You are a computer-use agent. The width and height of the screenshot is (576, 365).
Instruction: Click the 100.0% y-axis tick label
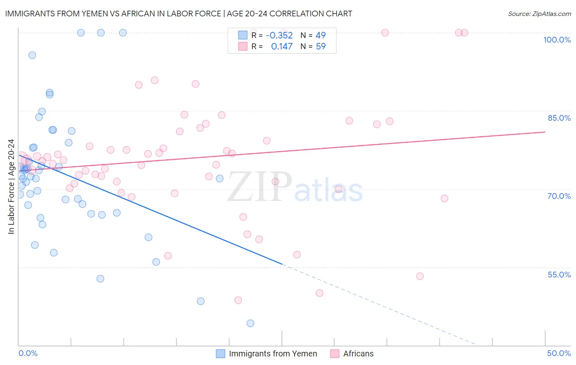[557, 40]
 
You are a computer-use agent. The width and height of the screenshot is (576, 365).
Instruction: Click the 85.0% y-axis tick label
[559, 118]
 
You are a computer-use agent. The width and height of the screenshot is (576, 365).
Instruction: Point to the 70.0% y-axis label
[559, 196]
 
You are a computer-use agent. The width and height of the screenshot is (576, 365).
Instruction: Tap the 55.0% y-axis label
[559, 275]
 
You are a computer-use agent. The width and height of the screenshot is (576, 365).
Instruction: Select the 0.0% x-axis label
[28, 353]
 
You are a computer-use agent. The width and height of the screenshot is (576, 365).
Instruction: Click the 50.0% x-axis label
[559, 353]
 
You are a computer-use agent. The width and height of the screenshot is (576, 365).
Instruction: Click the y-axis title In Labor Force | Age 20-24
[11, 187]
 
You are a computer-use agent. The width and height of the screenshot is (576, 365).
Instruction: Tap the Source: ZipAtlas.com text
[539, 14]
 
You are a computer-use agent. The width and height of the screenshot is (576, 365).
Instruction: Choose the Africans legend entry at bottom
[358, 354]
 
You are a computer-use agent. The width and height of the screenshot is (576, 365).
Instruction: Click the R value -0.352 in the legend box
[279, 36]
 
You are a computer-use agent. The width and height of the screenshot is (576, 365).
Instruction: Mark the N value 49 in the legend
[320, 36]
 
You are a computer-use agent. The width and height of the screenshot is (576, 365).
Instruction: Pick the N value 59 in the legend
[320, 47]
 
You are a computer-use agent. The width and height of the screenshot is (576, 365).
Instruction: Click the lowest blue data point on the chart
[250, 323]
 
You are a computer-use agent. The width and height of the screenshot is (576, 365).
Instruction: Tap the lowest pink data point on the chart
[238, 300]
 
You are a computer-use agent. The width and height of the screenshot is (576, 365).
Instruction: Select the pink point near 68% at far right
[444, 198]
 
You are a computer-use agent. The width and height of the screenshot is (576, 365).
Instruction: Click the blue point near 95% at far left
[32, 55]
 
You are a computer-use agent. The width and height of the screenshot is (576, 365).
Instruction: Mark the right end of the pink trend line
[545, 132]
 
